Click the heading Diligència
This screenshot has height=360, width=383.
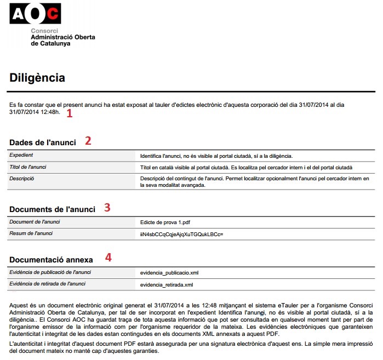(x=37, y=78)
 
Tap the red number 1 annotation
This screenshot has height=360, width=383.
(x=69, y=113)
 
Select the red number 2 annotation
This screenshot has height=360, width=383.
(x=88, y=140)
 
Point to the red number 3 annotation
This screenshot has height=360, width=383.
(x=107, y=207)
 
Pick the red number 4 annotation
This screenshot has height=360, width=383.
(x=108, y=257)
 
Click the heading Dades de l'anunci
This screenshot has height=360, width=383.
(x=43, y=142)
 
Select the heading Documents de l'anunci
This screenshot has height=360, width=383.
(x=53, y=209)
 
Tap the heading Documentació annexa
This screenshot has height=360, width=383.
(x=52, y=259)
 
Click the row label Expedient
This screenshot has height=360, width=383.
(x=22, y=156)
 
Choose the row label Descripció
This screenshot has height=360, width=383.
(x=22, y=179)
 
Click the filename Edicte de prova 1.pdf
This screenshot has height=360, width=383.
(x=165, y=222)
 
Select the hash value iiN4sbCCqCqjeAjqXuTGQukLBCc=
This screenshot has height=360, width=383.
(x=182, y=234)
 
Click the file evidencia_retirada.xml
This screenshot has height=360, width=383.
(x=167, y=284)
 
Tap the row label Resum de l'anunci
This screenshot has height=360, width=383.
(x=31, y=234)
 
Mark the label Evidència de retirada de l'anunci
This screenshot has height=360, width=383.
(x=48, y=284)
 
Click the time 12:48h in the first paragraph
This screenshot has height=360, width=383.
(x=50, y=113)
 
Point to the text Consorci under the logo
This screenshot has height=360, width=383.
(x=44, y=31)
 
